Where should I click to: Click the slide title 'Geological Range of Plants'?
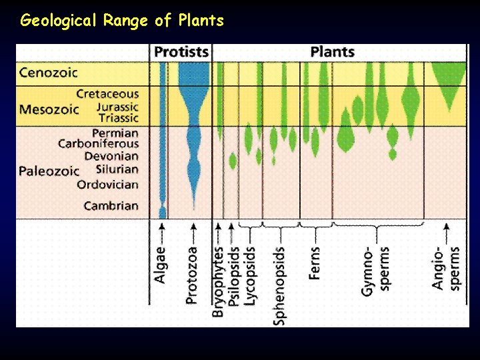click(x=122, y=20)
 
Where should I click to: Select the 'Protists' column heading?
click(x=181, y=52)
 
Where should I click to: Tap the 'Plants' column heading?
click(x=332, y=52)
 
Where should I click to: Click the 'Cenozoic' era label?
click(x=49, y=72)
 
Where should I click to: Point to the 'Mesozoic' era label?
click(x=49, y=109)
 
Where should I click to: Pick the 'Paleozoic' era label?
click(x=49, y=171)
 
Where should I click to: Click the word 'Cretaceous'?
click(x=107, y=95)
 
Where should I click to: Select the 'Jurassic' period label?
click(x=117, y=107)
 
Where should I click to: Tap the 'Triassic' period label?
click(x=117, y=118)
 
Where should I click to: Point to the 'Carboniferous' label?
click(x=99, y=143)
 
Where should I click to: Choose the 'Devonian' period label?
click(x=111, y=156)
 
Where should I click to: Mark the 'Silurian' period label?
click(x=117, y=169)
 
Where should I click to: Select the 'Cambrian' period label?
click(x=111, y=206)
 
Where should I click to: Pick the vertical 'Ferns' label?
click(x=315, y=263)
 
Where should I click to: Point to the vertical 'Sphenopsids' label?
click(x=279, y=286)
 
